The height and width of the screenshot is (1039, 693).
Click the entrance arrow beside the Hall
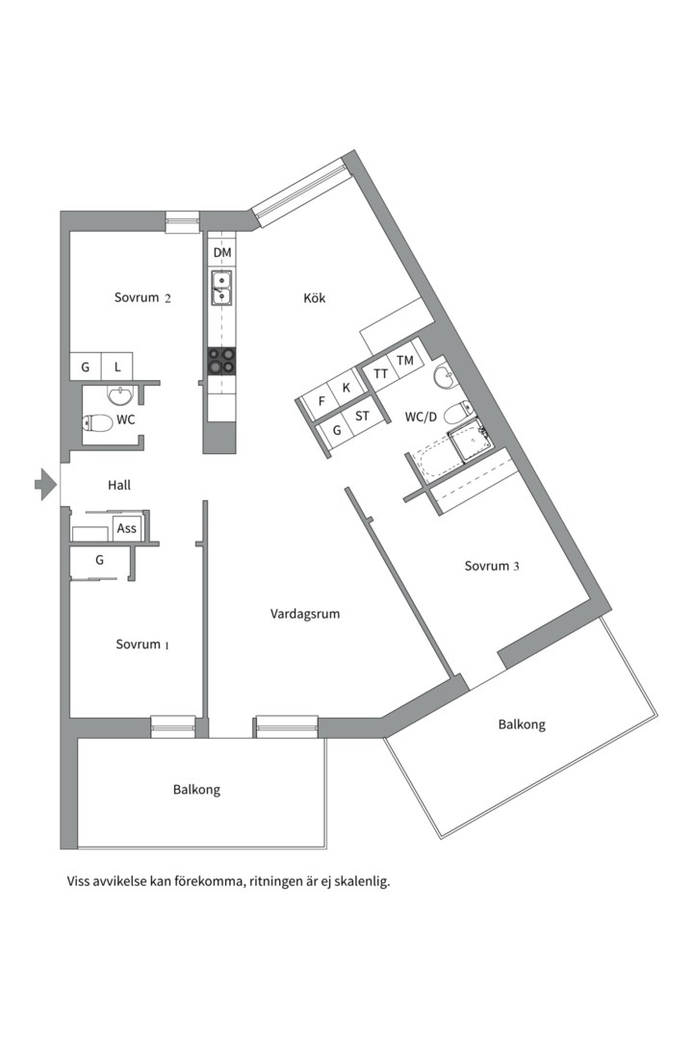point(46,484)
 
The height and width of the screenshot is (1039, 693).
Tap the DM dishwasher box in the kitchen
point(222,252)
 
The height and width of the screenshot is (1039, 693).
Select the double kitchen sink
point(221,288)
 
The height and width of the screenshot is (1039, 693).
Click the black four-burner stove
point(221,362)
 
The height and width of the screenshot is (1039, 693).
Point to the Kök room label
point(315,298)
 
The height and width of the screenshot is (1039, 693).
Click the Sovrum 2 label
point(142,297)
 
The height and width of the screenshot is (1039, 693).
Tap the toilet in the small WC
point(97,422)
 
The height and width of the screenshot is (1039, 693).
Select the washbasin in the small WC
point(119,395)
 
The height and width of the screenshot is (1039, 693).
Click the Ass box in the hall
point(127,528)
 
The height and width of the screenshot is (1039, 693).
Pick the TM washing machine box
point(404,360)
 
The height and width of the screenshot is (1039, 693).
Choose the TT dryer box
point(380,374)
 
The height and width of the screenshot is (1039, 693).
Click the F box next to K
point(322,401)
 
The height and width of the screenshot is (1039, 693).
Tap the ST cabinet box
point(362,417)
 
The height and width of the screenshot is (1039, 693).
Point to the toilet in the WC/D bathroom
point(457,414)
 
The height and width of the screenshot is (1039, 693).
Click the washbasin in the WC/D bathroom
point(445,377)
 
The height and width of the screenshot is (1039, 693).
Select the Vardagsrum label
point(305,614)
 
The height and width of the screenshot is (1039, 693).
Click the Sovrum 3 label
point(492,566)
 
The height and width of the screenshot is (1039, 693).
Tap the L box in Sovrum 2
point(117,367)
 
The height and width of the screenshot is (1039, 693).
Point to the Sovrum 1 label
point(142,644)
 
